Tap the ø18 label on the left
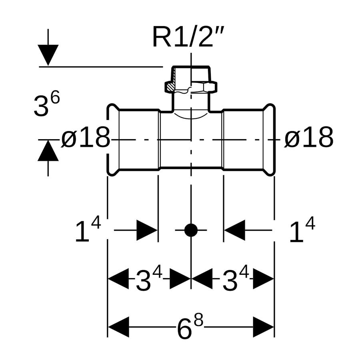pyautogui.click(x=86, y=138)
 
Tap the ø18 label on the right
pyautogui.click(x=309, y=138)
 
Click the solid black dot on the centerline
pyautogui.click(x=191, y=230)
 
